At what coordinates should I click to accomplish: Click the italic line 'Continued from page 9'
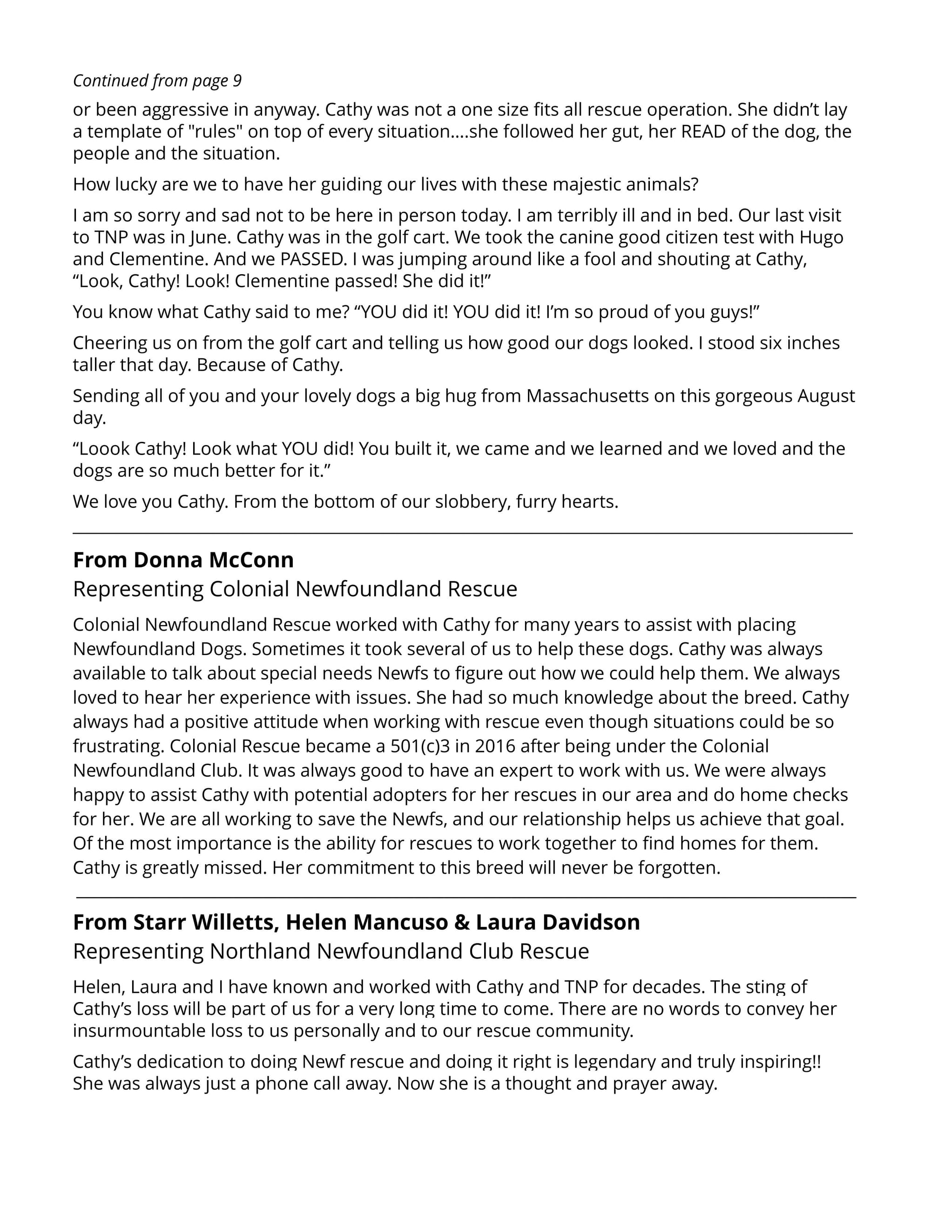(x=157, y=81)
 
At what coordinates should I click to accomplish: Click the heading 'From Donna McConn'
(x=183, y=560)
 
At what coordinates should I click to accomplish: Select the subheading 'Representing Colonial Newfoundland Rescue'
(x=295, y=589)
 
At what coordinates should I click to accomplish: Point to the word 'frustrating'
(x=118, y=746)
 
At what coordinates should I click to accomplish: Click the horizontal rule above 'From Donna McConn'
(x=462, y=533)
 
